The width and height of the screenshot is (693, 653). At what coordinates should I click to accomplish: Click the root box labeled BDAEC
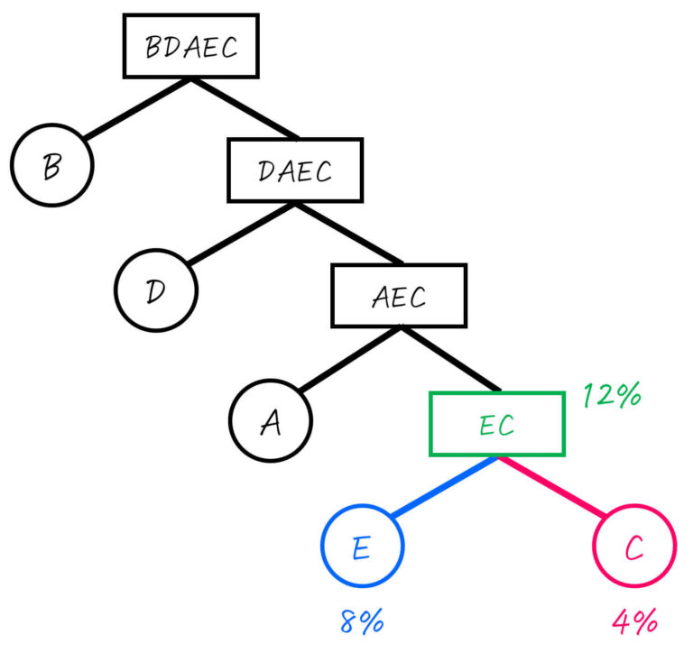click(190, 46)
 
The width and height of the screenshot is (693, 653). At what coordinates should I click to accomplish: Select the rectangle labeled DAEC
click(295, 170)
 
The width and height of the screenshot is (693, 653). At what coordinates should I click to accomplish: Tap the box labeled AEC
click(399, 295)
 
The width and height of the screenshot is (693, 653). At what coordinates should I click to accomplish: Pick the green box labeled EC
click(496, 423)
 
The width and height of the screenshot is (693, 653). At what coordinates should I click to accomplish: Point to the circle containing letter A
click(270, 421)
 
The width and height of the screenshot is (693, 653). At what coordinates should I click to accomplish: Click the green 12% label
click(611, 394)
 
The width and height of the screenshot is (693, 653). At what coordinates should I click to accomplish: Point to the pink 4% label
click(634, 621)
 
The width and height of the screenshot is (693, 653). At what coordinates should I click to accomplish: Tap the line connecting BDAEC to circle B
click(135, 108)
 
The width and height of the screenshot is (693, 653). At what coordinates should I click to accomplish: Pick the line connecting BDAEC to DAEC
click(244, 108)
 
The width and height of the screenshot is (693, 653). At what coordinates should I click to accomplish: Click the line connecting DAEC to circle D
click(239, 233)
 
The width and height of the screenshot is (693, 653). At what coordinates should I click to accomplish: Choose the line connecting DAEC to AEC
click(347, 233)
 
